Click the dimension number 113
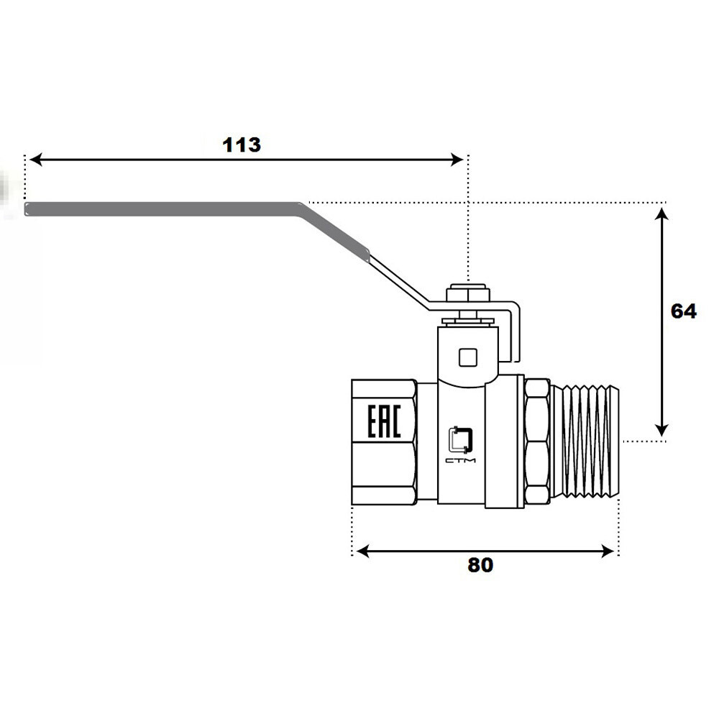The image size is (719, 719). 241,145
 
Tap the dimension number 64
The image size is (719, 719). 683,311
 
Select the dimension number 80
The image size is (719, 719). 480,565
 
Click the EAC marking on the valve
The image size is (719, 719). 384,421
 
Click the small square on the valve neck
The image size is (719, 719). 468,357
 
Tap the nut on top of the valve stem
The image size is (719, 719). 468,293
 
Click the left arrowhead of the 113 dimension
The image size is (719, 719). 35,160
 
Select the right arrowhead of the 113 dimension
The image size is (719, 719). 457,160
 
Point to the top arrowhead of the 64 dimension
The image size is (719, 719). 661,214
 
